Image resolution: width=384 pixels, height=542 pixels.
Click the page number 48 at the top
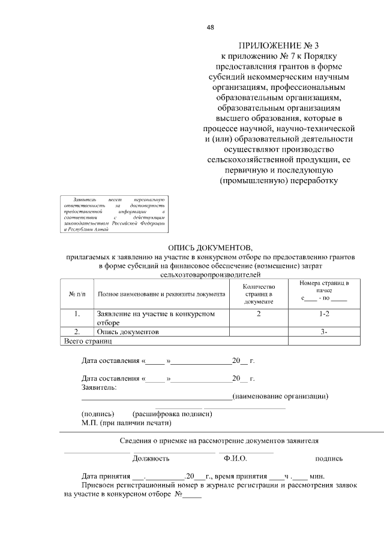click(210, 27)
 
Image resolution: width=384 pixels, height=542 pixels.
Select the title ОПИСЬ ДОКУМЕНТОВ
click(211, 247)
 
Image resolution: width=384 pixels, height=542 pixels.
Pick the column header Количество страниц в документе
click(259, 294)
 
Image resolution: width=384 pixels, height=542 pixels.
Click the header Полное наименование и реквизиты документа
click(161, 294)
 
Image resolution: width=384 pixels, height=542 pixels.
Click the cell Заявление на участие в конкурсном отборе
click(155, 318)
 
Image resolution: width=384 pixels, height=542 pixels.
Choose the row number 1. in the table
click(77, 314)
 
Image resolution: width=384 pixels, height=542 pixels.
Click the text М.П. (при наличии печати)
click(126, 423)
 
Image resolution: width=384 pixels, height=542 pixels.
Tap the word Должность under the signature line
click(151, 458)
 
